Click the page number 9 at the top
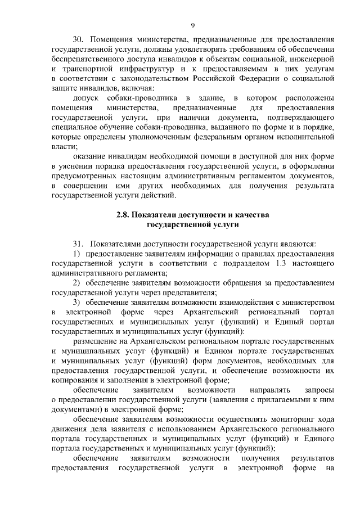(192, 25)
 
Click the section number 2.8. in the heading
(124, 215)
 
